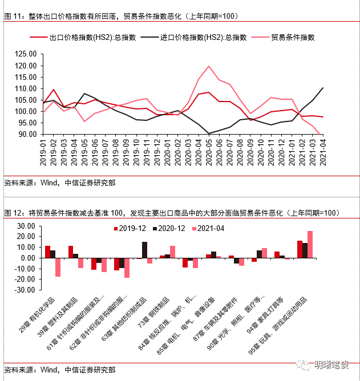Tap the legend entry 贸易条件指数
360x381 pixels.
[x=297, y=37]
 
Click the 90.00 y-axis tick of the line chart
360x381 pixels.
[x=27, y=134]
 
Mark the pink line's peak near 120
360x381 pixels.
[x=209, y=66]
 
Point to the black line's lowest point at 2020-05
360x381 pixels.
[x=209, y=133]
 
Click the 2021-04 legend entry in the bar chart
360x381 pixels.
[x=211, y=228]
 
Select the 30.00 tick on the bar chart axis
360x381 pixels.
[x=27, y=225]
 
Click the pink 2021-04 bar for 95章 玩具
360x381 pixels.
[x=310, y=244]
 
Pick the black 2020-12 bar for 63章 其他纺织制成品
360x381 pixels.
[x=144, y=250]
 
